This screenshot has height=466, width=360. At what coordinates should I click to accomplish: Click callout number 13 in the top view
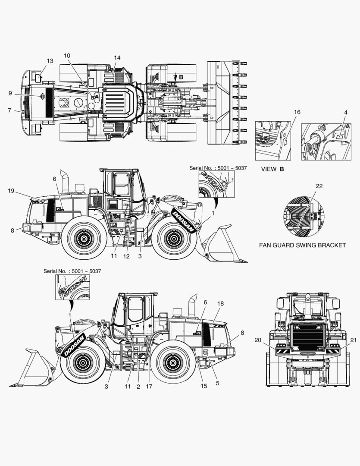tap(50, 61)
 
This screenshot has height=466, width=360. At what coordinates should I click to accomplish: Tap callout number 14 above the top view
tap(117, 57)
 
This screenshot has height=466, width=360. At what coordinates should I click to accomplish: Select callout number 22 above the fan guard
tap(319, 186)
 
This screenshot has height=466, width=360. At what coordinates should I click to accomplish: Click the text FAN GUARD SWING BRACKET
tap(302, 245)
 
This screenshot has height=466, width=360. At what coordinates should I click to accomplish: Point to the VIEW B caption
tap(272, 169)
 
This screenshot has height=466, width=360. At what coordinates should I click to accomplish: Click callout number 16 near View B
tap(297, 112)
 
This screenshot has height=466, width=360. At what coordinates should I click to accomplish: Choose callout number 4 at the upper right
tap(345, 112)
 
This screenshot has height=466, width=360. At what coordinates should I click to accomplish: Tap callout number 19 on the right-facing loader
tap(12, 190)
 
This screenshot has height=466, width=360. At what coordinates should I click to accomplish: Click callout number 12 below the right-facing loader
tap(126, 256)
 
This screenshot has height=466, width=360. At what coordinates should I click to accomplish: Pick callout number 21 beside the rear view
tap(354, 340)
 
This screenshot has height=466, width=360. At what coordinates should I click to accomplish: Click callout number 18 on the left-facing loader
tap(220, 304)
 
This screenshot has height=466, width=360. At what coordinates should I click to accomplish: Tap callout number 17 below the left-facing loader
tap(149, 386)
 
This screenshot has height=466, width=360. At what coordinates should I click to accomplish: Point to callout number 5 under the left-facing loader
tap(217, 383)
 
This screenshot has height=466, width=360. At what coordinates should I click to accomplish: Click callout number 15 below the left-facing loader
tap(203, 386)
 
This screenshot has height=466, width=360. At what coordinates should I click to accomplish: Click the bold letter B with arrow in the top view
tap(181, 77)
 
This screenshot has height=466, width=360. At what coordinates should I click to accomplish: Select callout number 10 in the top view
tap(67, 56)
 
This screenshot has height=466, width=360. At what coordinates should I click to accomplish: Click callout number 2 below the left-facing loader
tap(138, 386)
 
